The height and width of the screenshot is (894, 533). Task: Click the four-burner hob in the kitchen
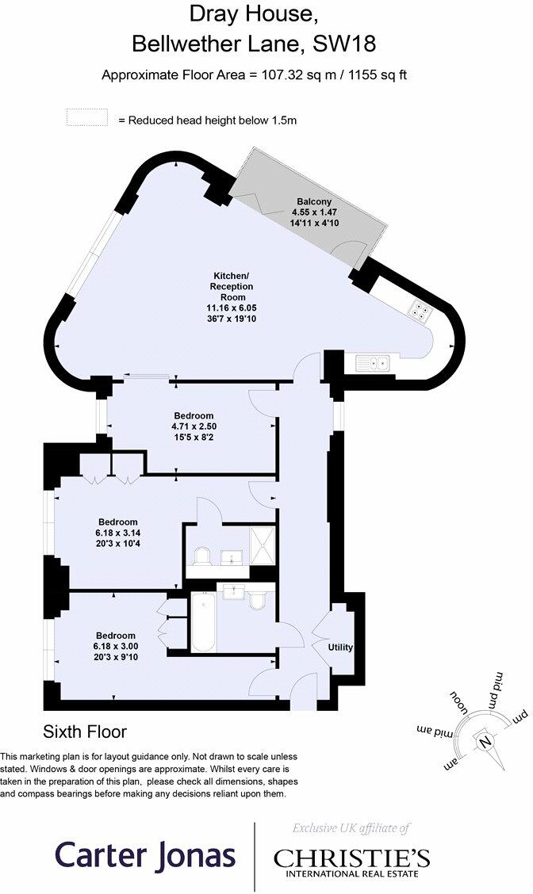[x=420, y=310]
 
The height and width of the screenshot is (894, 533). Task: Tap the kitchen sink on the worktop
[x=372, y=363]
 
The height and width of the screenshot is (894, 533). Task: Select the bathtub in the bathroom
[x=203, y=622]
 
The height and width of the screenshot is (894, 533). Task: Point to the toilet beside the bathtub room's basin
[x=257, y=601]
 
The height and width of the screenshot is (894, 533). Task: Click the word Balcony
[x=314, y=201]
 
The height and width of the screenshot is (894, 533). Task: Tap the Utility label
[x=340, y=648]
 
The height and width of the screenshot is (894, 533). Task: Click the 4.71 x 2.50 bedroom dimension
[x=194, y=426]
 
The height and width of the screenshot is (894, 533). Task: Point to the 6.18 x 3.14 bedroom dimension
[x=116, y=533]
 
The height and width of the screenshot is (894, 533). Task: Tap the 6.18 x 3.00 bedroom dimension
[x=116, y=646]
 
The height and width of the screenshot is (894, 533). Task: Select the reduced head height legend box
[x=86, y=117]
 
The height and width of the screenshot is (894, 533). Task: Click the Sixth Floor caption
[x=84, y=731]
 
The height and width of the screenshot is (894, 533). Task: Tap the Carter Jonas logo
[x=145, y=855]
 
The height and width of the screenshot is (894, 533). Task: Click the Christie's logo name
[x=351, y=858]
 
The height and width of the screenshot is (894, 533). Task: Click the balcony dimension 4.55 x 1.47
[x=314, y=212]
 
